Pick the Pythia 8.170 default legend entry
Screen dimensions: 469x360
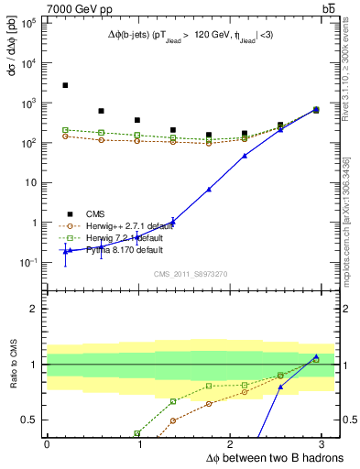[112, 249]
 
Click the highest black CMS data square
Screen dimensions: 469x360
[65, 85]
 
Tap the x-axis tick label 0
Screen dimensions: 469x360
[47, 444]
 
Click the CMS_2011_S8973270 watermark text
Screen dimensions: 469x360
[190, 274]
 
